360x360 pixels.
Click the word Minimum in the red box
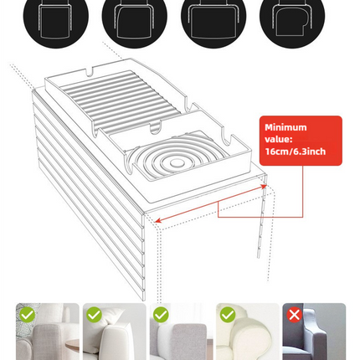(285, 127)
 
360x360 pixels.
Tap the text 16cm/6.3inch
(296, 152)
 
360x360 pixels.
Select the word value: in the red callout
(279, 139)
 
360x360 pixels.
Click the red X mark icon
(295, 315)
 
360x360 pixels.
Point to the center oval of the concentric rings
(175, 162)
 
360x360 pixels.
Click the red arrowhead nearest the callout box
(263, 186)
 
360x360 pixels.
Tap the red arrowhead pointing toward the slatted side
(158, 220)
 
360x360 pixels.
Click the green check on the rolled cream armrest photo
(228, 315)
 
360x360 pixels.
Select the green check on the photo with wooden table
(28, 315)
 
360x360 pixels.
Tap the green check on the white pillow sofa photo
(94, 315)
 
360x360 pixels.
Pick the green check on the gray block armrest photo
(161, 315)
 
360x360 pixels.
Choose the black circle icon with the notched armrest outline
(292, 17)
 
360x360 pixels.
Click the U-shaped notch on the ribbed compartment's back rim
(90, 72)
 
